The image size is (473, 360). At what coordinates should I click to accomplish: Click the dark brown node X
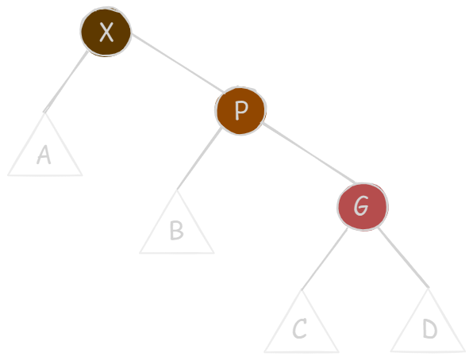[x=106, y=32]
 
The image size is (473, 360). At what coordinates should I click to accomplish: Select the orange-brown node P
[x=240, y=111]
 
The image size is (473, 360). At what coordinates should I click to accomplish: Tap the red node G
[x=363, y=207]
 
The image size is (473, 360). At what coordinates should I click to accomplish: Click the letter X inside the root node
[x=106, y=32]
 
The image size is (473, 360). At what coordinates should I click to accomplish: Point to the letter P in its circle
[x=241, y=110]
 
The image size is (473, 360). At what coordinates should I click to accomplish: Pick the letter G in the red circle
[x=361, y=205]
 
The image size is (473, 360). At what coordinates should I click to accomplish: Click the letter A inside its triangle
[x=44, y=155]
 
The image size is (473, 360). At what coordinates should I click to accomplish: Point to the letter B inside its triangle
[x=177, y=230]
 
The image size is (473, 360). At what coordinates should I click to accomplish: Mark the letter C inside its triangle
[x=299, y=328]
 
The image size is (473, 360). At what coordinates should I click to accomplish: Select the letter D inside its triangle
[x=430, y=328]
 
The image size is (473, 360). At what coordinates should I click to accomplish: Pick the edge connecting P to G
[x=309, y=152]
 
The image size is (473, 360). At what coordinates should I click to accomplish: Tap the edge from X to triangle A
[x=66, y=82]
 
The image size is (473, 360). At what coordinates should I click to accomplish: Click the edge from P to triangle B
[x=199, y=159]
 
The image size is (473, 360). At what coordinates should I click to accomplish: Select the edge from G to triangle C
[x=325, y=259]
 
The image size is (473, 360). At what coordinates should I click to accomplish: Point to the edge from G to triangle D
[x=403, y=258]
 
